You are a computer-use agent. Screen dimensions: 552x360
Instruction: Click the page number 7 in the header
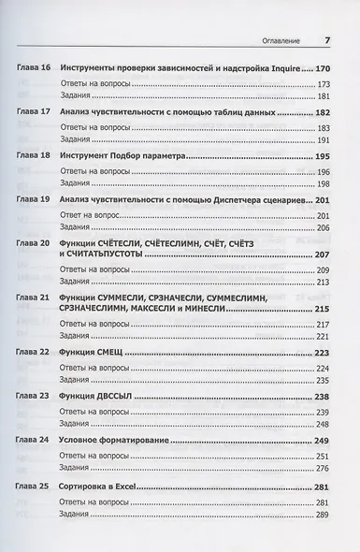pyautogui.click(x=327, y=40)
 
